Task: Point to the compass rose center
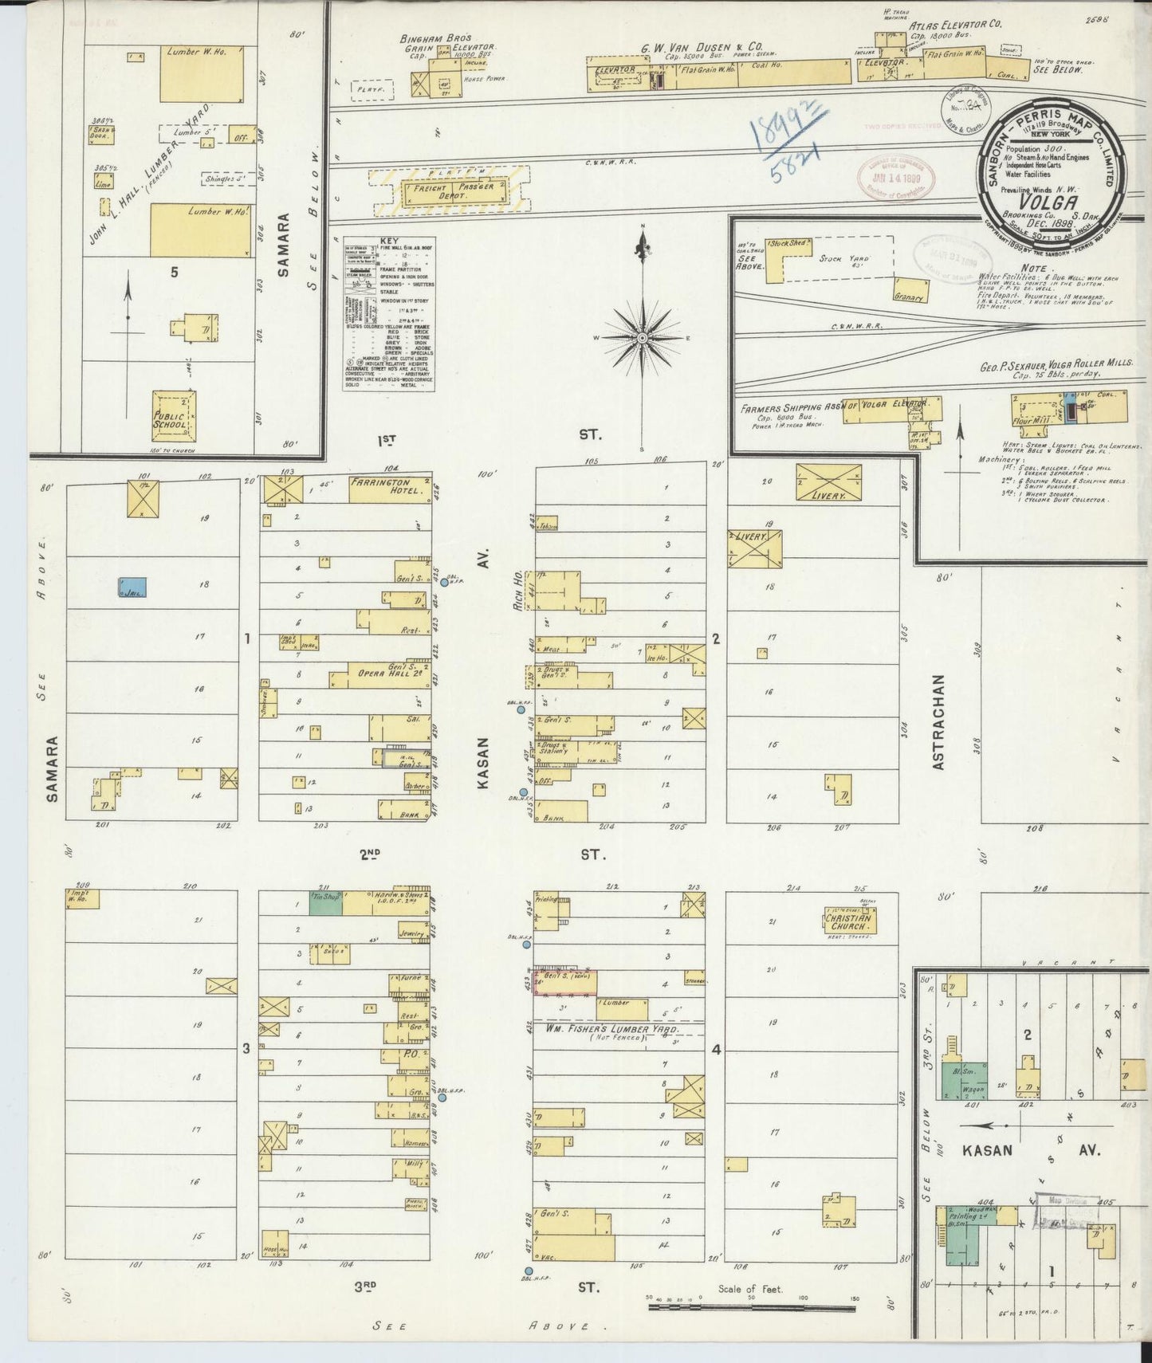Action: (x=642, y=338)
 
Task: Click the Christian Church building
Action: (x=848, y=922)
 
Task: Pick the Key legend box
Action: (x=388, y=312)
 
